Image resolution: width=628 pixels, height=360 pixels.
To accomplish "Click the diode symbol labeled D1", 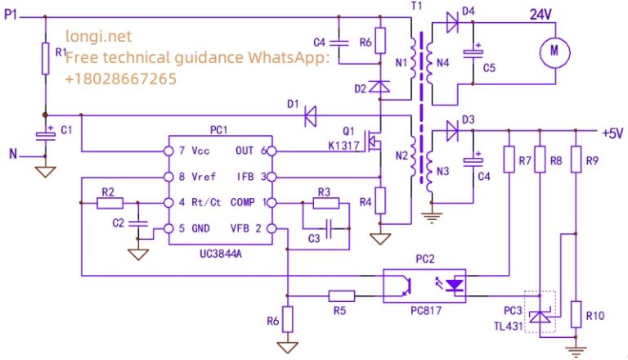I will coord(310,116).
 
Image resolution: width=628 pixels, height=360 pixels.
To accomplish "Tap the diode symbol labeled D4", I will coord(451,24).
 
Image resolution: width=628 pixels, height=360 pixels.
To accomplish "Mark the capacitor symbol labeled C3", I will coord(326,226).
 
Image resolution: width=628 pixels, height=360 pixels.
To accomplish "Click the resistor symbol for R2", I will coord(109,202).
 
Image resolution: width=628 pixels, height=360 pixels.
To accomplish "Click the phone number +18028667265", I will coord(120,79).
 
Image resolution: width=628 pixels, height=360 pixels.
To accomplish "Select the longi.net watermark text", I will coord(98,36).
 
